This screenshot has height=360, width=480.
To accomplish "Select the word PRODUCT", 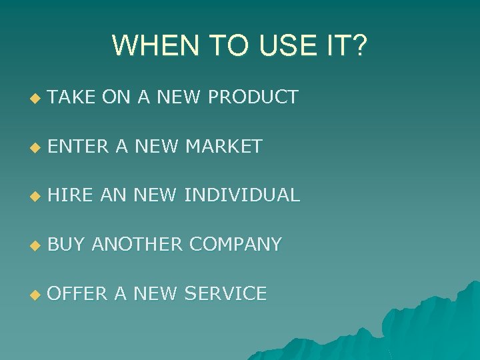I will point(253,97).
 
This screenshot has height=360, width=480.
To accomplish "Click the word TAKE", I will point(72,97).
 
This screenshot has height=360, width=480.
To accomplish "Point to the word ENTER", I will point(79,146).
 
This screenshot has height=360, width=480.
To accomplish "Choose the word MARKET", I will point(224,146).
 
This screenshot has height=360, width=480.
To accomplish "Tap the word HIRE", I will point(71,195).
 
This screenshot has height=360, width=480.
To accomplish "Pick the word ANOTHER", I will point(137,245).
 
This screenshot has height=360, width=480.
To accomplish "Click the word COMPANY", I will point(235,245).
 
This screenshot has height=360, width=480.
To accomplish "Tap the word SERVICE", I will point(225,293).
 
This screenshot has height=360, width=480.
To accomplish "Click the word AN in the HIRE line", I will point(114,195).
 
